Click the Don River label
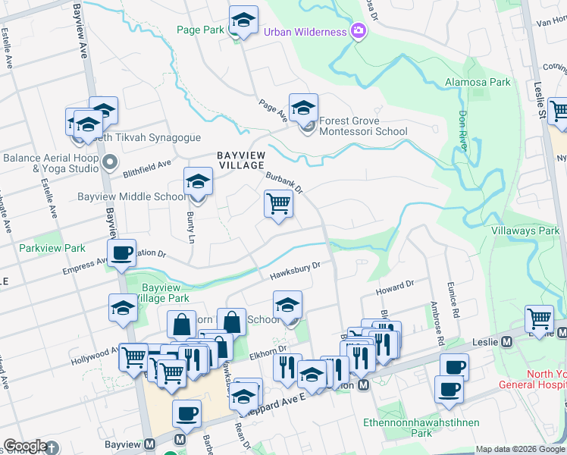464,130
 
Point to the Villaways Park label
525,230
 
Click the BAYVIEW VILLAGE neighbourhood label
240,159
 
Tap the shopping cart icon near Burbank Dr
278,203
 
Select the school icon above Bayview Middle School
198,182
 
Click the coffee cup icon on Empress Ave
121,253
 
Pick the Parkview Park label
52,248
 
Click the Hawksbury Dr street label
296,269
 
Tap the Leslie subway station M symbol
506,342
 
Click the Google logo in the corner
25,446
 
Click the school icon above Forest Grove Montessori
302,108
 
